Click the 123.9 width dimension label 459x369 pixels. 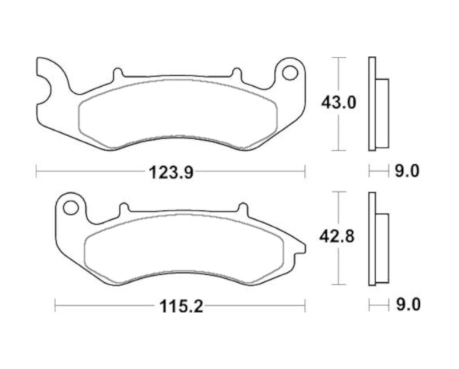[x=170, y=171]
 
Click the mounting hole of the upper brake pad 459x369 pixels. [x=291, y=73]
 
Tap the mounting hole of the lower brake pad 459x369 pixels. [x=71, y=206]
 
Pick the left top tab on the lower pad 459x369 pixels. [x=122, y=208]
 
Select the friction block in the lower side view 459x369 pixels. [x=383, y=247]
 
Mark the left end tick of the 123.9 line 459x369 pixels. [x=36, y=171]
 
